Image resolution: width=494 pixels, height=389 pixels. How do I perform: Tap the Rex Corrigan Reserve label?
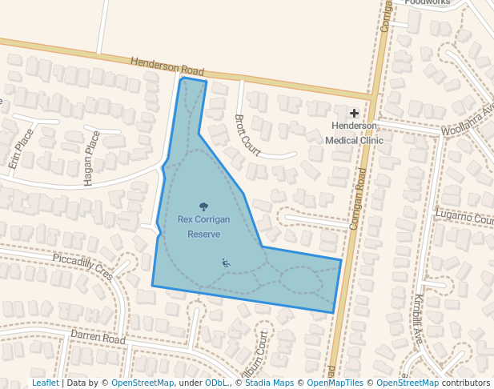click(x=203, y=227)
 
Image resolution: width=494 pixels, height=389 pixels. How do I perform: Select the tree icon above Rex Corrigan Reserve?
click(x=203, y=207)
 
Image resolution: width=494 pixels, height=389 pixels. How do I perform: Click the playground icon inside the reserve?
click(x=226, y=263)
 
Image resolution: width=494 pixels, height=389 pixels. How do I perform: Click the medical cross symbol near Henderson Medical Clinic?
click(x=354, y=114)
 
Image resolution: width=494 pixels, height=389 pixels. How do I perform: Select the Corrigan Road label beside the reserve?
click(x=358, y=200)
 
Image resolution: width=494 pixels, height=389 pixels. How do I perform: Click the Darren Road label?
click(x=98, y=337)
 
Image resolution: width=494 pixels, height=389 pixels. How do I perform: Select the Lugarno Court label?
click(x=464, y=216)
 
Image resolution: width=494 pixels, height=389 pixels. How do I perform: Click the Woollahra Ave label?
click(x=468, y=118)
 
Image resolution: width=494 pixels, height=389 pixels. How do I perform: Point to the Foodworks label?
click(x=428, y=2)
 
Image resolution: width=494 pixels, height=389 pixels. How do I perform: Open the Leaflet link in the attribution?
click(x=46, y=383)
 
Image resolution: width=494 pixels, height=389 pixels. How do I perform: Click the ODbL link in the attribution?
click(x=216, y=383)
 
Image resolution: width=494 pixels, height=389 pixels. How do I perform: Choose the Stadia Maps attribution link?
click(x=269, y=383)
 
